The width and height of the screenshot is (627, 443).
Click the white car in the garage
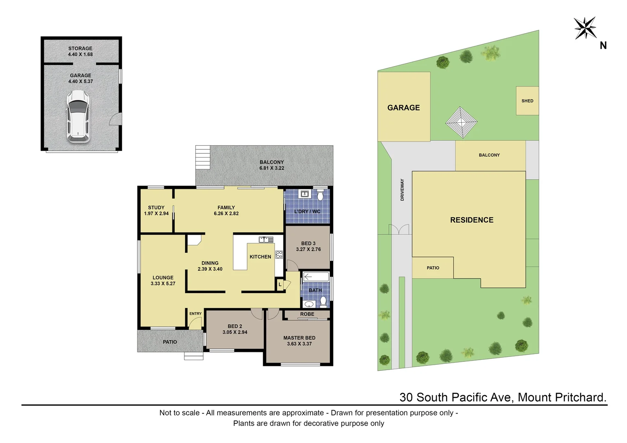point(78,116)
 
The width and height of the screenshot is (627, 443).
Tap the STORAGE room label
point(80,48)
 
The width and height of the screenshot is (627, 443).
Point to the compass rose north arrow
point(585,28)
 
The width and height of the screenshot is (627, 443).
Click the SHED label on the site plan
point(527,101)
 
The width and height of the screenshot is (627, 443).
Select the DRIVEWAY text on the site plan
point(402,190)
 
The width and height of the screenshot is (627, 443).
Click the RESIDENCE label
point(471,220)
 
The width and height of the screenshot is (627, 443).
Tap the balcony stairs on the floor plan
point(203,157)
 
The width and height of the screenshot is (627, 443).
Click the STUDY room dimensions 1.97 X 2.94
point(156,214)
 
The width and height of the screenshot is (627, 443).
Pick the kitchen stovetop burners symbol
point(279,254)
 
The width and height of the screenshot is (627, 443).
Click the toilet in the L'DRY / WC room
point(320,195)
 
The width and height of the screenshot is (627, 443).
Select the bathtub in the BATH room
point(316,277)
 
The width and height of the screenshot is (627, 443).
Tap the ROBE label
point(307,314)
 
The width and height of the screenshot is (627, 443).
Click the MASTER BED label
point(299,338)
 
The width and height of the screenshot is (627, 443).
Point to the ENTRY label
point(195,314)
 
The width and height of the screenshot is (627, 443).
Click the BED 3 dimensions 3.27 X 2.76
point(308,249)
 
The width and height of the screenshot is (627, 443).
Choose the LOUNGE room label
point(163,278)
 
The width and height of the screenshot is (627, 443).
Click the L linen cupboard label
point(280,284)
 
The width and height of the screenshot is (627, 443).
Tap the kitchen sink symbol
point(266,240)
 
